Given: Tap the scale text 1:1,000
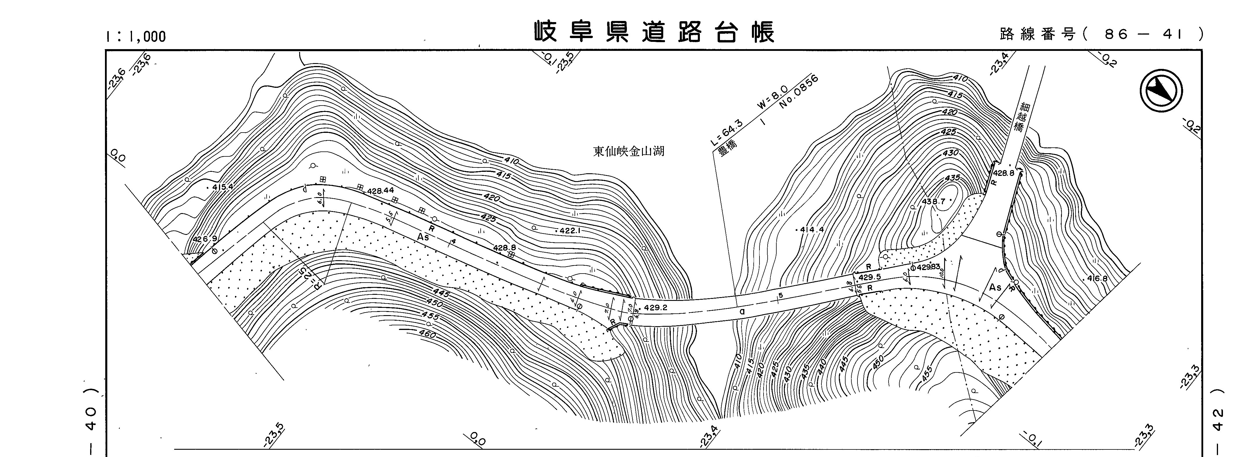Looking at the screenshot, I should [x=136, y=36].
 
